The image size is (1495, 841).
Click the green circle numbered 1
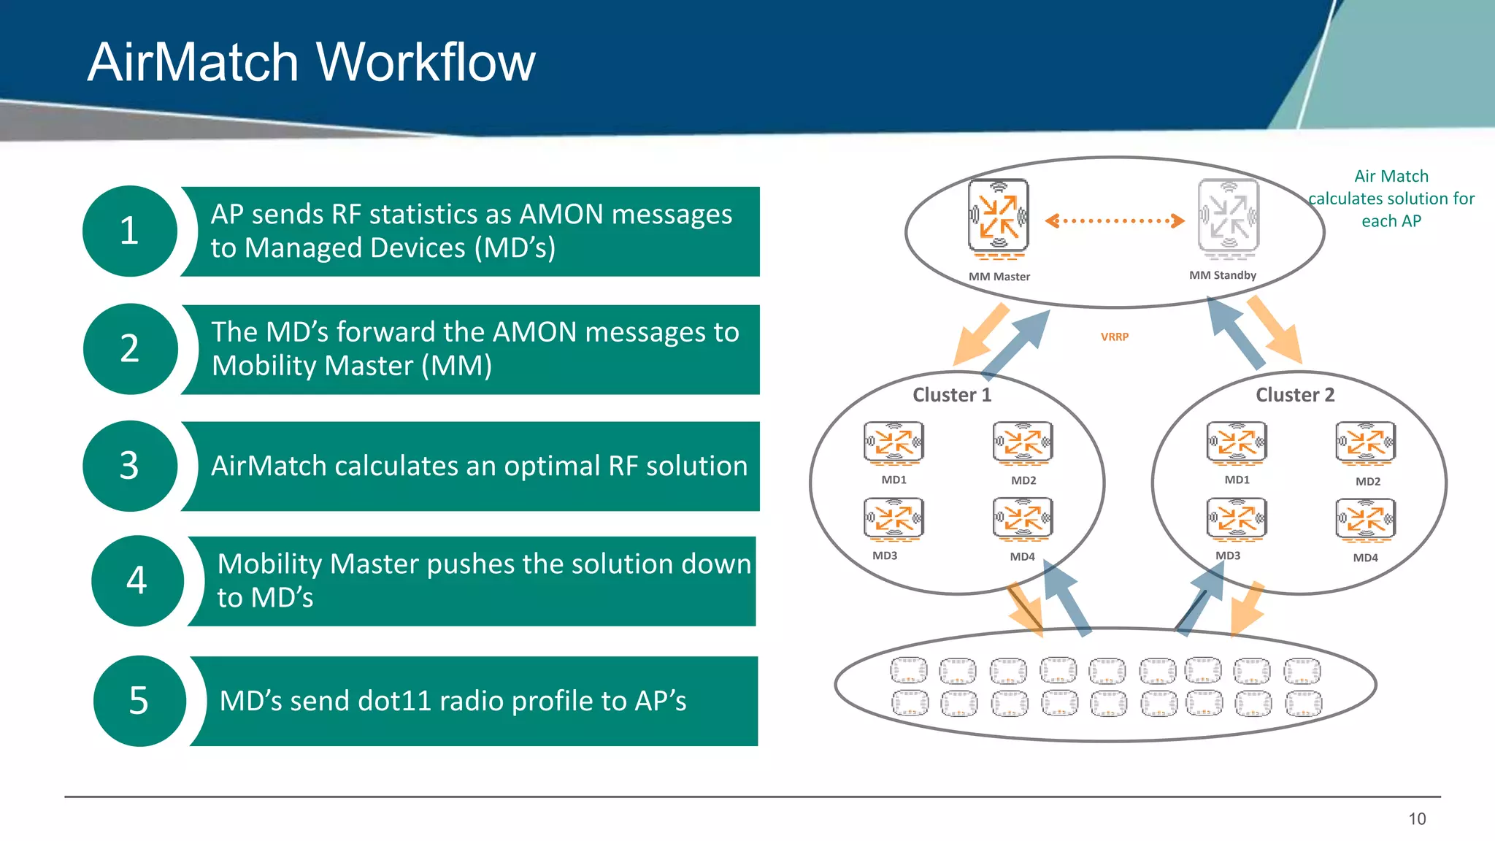click(130, 231)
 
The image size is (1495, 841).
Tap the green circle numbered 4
click(137, 581)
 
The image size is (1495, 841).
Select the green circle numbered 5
click(139, 701)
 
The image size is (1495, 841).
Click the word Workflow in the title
click(426, 62)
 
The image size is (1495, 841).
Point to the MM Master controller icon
click(998, 217)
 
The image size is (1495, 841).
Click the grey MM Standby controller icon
click(1229, 217)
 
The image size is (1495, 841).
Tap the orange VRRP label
click(1114, 337)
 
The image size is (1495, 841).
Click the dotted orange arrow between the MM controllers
click(1114, 220)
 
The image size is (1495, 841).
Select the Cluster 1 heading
click(952, 395)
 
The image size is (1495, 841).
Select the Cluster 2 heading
click(1294, 395)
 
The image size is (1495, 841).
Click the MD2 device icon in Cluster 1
click(1023, 442)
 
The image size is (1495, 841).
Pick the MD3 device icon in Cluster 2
click(1236, 518)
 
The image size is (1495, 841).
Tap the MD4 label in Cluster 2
click(1365, 558)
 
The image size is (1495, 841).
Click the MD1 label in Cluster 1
click(893, 480)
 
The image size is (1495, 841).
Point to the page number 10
click(1417, 819)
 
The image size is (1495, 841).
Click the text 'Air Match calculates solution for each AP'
click(1391, 199)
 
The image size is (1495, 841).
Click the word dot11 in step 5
click(394, 701)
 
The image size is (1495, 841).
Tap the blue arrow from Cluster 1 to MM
click(1016, 343)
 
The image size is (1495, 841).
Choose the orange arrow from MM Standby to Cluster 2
click(1275, 330)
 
